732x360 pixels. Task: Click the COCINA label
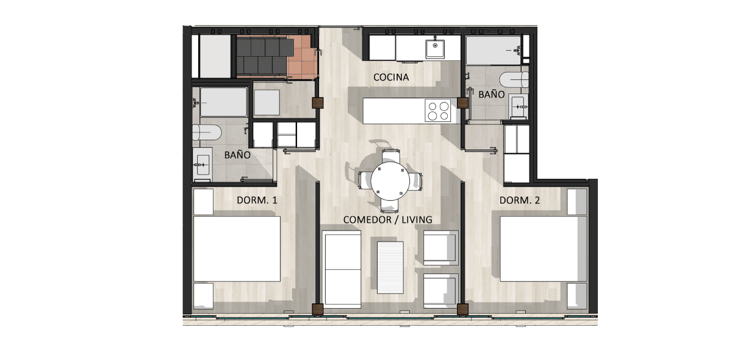[x=391, y=77]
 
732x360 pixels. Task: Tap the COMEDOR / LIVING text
[x=387, y=220]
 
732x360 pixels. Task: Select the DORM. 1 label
[x=257, y=200]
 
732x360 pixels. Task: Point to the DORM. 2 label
[x=520, y=200]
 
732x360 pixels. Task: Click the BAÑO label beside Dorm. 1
[x=237, y=154]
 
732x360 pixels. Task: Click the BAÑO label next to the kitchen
[x=492, y=95]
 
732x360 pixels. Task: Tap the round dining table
[x=390, y=181]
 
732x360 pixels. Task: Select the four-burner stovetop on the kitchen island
[x=438, y=111]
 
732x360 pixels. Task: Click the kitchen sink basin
[x=435, y=49]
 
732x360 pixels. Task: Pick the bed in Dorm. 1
[x=237, y=249]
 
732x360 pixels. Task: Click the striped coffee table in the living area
[x=390, y=267]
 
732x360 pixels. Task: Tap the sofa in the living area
[x=342, y=269]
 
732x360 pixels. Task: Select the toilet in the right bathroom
[x=514, y=79]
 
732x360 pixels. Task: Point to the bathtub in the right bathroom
[x=493, y=51]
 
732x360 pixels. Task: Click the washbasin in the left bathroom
[x=203, y=165]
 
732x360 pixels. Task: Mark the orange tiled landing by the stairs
[x=302, y=57]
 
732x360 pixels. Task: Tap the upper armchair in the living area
[x=440, y=248]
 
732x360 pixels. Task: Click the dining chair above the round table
[x=391, y=156]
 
